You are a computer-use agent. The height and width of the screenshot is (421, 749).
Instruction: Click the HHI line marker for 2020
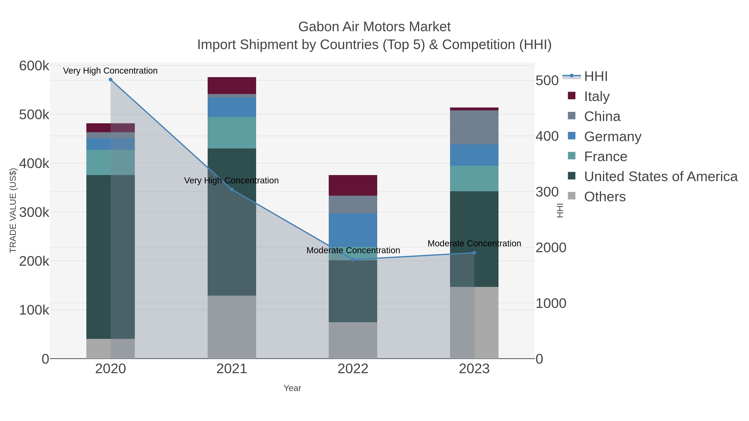110,80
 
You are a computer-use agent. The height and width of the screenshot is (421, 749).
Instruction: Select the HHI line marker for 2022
353,259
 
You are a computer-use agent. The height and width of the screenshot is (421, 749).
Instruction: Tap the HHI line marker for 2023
474,253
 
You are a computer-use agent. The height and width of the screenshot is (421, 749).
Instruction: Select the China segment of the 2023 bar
474,127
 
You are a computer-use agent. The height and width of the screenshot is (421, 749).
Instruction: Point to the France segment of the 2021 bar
232,133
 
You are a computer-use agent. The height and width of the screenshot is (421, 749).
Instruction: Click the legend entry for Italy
597,96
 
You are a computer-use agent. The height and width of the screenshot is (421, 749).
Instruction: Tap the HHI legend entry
595,77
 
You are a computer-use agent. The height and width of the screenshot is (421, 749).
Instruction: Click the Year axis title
292,388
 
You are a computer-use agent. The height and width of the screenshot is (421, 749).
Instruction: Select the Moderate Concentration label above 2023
474,243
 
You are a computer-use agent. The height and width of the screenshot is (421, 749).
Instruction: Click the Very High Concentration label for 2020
110,71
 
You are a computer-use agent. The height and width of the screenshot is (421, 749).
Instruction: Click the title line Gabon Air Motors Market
374,27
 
